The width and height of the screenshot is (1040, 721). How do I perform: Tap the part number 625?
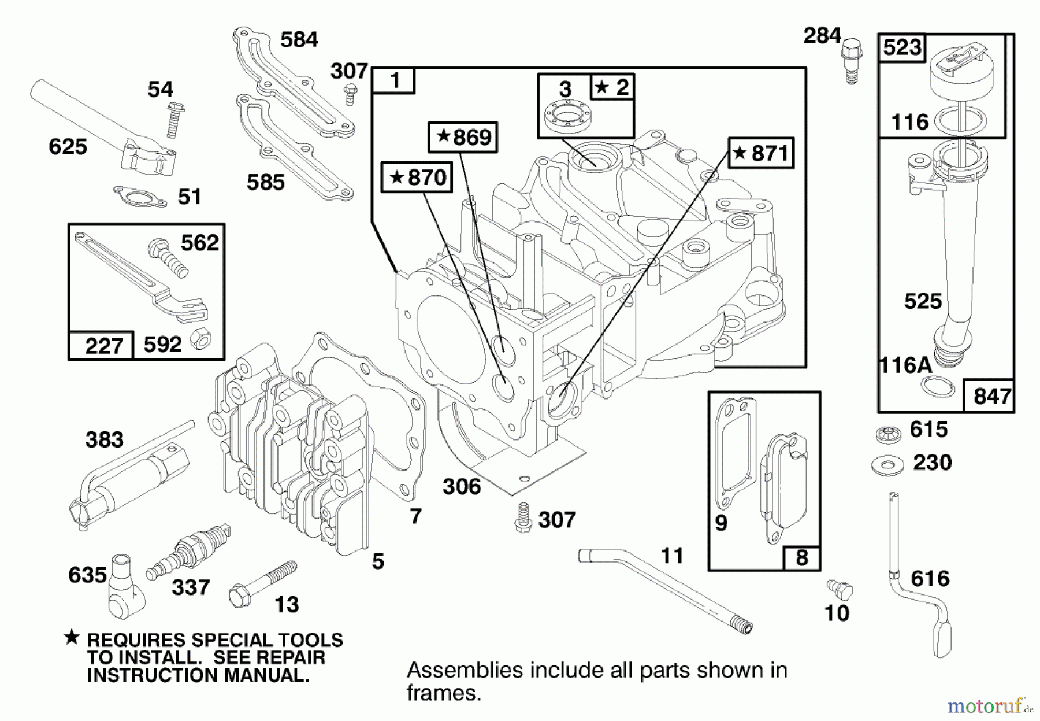pos(68,147)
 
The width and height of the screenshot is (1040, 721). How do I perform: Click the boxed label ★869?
pos(463,138)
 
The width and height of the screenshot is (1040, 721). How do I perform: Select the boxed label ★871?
pos(761,153)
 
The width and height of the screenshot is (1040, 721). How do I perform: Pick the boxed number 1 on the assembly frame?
pos(393,80)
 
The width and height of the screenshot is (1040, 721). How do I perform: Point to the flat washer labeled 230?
pos(887,464)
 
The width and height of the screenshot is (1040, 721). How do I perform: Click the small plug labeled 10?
pos(840,590)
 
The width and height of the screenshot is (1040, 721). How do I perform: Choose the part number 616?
pos(930,578)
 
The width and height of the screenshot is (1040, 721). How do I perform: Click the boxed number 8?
pos(801,558)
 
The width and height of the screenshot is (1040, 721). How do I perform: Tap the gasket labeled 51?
pos(140,197)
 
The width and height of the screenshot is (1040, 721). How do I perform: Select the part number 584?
pos(299,40)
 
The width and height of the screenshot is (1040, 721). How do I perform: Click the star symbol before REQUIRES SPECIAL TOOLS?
pos(72,638)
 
